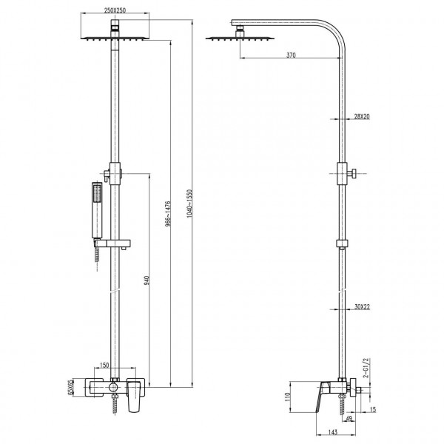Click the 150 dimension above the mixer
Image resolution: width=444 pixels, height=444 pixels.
pyautogui.click(x=104, y=366)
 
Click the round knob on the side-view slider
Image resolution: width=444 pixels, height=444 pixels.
pyautogui.click(x=355, y=175)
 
